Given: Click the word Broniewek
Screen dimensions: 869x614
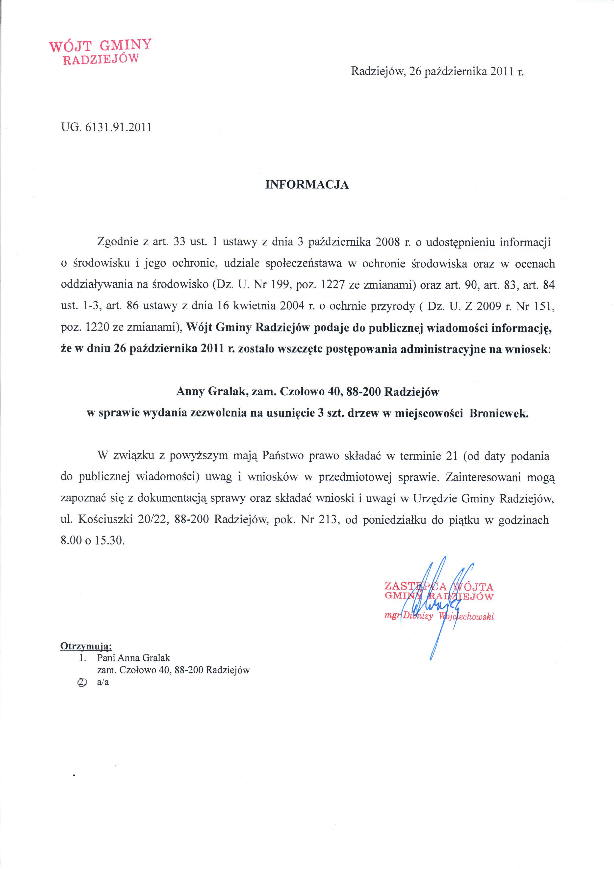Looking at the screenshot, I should [x=499, y=413].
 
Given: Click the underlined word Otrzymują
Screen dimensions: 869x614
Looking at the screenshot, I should [x=86, y=646].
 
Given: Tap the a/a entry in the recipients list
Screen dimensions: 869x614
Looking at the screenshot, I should [x=103, y=682].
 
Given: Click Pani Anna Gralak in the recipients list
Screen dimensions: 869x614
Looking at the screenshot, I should [x=133, y=658].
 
